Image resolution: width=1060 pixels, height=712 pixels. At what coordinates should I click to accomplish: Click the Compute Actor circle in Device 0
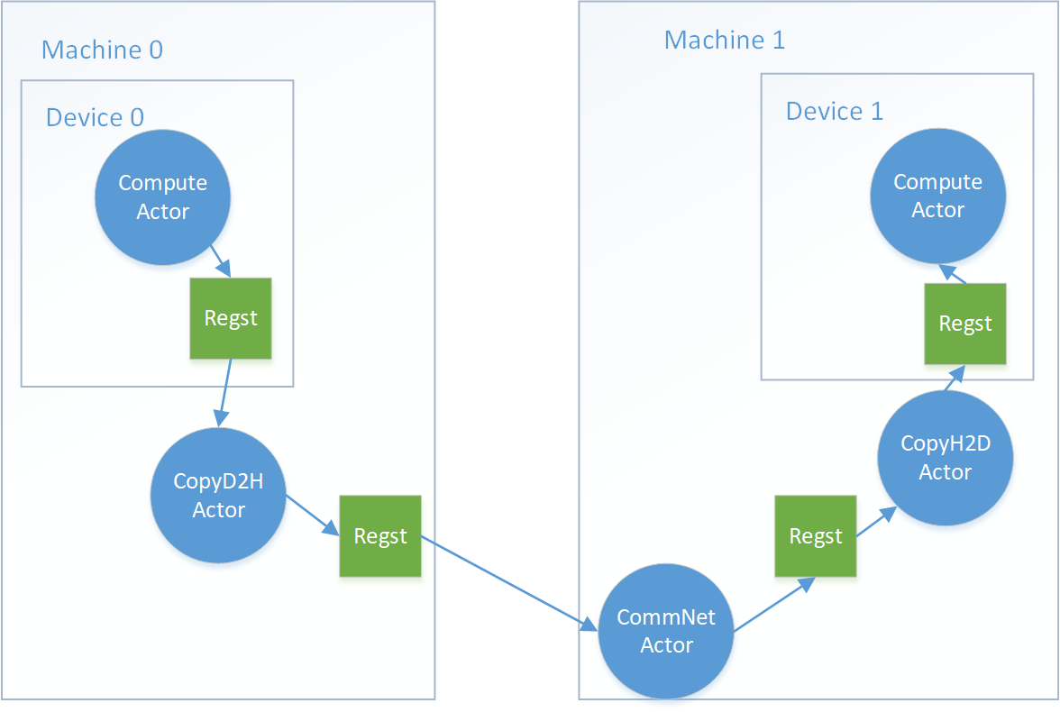163,197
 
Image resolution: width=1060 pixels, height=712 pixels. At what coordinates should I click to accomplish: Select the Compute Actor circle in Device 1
937,196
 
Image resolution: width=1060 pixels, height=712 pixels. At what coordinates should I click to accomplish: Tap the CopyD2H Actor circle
218,495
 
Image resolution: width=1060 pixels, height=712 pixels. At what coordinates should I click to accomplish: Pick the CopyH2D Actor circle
946,458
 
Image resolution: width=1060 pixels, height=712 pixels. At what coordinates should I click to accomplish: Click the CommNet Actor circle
666,631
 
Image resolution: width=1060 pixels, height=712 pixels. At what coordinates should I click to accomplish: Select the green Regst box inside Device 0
231,318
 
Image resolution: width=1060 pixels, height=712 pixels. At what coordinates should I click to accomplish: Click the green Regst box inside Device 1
965,324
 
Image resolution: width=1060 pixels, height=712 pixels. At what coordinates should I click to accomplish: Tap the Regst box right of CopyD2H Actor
379,536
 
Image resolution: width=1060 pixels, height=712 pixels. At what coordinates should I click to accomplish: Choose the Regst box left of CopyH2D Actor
816,536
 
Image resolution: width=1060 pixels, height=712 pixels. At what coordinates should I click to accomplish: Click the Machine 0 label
102,50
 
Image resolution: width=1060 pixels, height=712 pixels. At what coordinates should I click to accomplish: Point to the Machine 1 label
725,41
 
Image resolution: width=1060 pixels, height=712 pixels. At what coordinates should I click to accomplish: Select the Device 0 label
95,117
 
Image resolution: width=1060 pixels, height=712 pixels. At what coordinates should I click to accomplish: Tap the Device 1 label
835,111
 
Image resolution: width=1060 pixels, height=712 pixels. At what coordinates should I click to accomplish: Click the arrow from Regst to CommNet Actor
509,583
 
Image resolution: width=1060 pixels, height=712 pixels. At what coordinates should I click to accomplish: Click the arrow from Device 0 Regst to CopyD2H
224,392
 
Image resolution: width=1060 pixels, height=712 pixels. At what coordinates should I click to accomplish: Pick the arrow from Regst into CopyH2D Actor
875,522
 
